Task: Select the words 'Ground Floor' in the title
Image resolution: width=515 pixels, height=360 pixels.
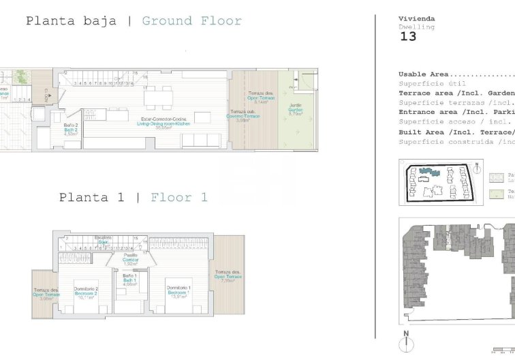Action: pyautogui.click(x=191, y=21)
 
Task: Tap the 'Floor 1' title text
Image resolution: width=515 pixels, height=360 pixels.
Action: pyautogui.click(x=178, y=198)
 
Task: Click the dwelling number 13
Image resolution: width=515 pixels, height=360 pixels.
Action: pyautogui.click(x=407, y=37)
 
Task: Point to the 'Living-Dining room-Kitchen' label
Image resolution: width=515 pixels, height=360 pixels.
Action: pyautogui.click(x=163, y=123)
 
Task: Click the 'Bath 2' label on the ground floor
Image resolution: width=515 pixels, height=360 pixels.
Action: pyautogui.click(x=71, y=130)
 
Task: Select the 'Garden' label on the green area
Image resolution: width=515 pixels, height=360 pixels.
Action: pyautogui.click(x=295, y=109)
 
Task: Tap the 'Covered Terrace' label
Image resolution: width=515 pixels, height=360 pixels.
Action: pyautogui.click(x=243, y=116)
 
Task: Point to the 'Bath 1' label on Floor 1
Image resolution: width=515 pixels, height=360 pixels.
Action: pyautogui.click(x=130, y=280)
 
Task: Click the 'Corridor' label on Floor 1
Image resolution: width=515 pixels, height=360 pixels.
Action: pyautogui.click(x=130, y=260)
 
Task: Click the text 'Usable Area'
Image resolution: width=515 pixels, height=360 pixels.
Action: pyautogui.click(x=423, y=74)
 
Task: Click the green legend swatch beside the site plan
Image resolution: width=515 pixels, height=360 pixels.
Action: pyautogui.click(x=495, y=195)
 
